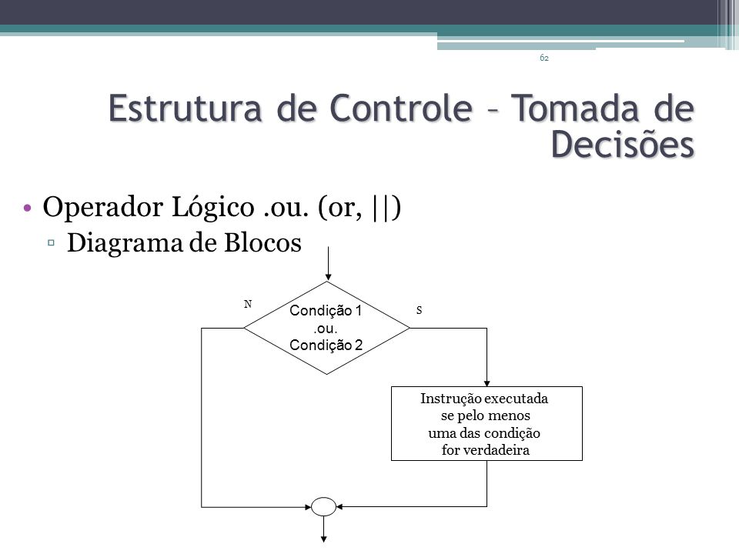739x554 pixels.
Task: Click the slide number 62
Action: click(544, 58)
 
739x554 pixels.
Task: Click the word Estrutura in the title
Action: click(185, 108)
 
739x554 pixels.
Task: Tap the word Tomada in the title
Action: click(574, 108)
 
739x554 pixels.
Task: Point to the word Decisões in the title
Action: click(623, 143)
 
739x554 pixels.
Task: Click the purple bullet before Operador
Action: click(28, 208)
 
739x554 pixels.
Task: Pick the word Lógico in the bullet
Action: click(212, 207)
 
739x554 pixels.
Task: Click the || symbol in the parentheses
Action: click(381, 207)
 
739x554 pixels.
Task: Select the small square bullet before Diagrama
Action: click(51, 242)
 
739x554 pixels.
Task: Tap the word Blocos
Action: click(262, 243)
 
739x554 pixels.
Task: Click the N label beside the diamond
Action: click(248, 305)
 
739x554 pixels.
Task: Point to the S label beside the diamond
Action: click(419, 310)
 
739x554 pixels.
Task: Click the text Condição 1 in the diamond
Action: click(326, 310)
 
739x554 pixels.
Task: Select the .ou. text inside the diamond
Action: click(325, 329)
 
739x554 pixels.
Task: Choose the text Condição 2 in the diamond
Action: click(326, 345)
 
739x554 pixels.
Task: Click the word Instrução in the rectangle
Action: click(451, 399)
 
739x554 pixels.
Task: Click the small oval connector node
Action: click(324, 507)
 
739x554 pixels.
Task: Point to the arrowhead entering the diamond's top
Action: click(328, 278)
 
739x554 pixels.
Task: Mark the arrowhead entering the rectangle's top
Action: click(487, 383)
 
